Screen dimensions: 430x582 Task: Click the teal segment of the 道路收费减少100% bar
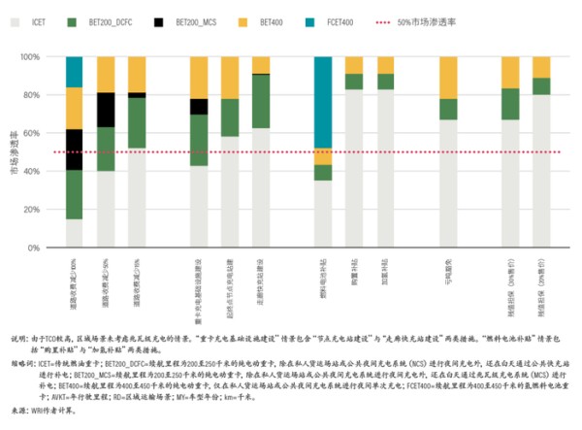click(74, 72)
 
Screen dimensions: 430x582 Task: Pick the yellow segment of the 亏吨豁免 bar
click(447, 78)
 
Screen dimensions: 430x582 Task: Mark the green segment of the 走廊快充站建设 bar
click(261, 101)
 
